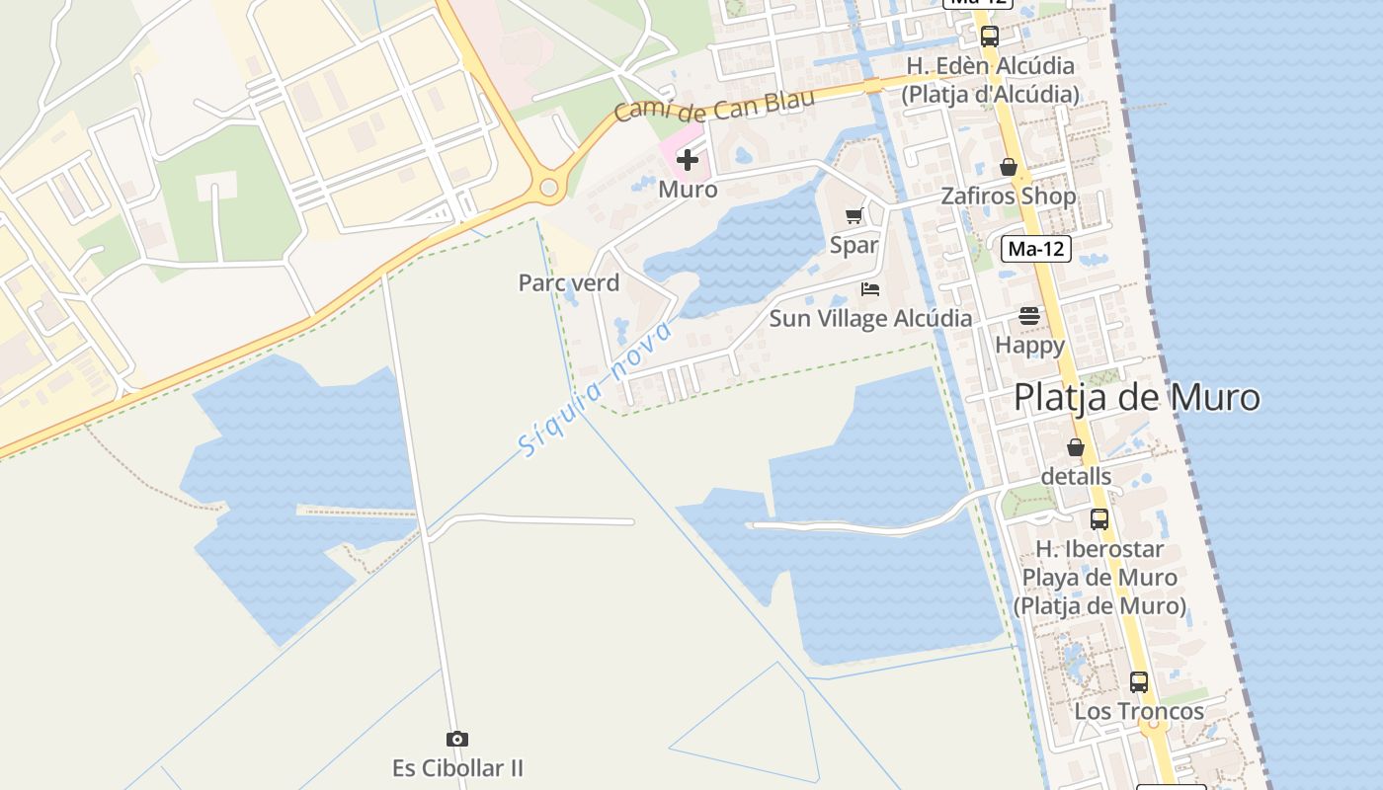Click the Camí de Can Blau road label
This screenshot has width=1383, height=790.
pos(714,104)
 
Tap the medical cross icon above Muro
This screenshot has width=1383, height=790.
pos(688,160)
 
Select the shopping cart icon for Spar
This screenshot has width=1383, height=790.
pos(854,215)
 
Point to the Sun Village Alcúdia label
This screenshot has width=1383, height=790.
pos(870,318)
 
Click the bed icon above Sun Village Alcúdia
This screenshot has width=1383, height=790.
pos(870,289)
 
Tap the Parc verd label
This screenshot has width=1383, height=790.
pos(569,282)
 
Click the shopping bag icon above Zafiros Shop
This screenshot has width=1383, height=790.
pos(1009,167)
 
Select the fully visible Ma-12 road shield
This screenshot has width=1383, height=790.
pos(1035,249)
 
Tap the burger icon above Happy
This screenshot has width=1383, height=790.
pos(1029,317)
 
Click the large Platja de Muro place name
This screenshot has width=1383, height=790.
pos(1137,397)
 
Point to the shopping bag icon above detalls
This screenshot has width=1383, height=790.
pos(1076,447)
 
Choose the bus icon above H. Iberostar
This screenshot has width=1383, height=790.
pos(1099,519)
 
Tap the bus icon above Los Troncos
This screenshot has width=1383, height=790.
pos(1139,682)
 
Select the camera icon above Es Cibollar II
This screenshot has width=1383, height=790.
pos(456,739)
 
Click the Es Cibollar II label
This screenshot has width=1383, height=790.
pos(457,767)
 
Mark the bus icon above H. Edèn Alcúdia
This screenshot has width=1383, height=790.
pos(990,38)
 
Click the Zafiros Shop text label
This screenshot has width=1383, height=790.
pos(1008,196)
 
